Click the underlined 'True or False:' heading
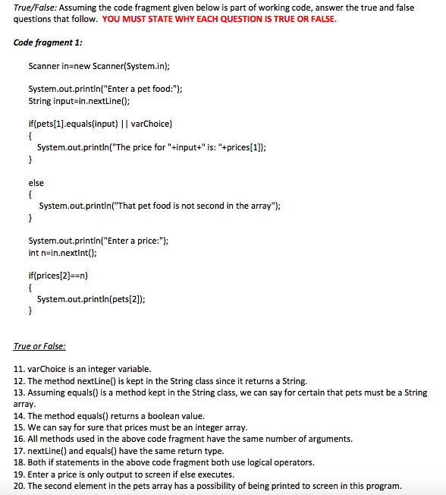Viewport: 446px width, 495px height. pos(39,346)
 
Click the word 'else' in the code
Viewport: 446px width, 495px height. pos(36,183)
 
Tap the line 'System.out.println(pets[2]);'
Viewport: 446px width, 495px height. pos(92,300)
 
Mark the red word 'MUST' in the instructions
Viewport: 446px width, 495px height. pos(149,19)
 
